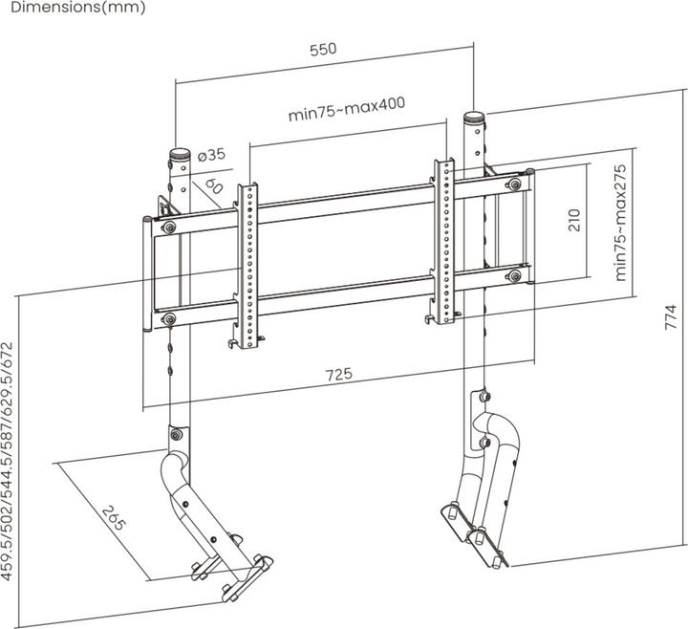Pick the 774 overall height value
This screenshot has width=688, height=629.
(671, 317)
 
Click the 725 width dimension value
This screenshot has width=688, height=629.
(337, 374)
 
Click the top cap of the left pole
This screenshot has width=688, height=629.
(179, 154)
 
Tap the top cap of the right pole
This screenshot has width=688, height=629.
(474, 119)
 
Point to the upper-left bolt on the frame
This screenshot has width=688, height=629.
(169, 228)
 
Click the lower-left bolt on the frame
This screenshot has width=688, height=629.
(169, 318)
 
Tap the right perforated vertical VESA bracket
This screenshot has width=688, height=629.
(444, 239)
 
